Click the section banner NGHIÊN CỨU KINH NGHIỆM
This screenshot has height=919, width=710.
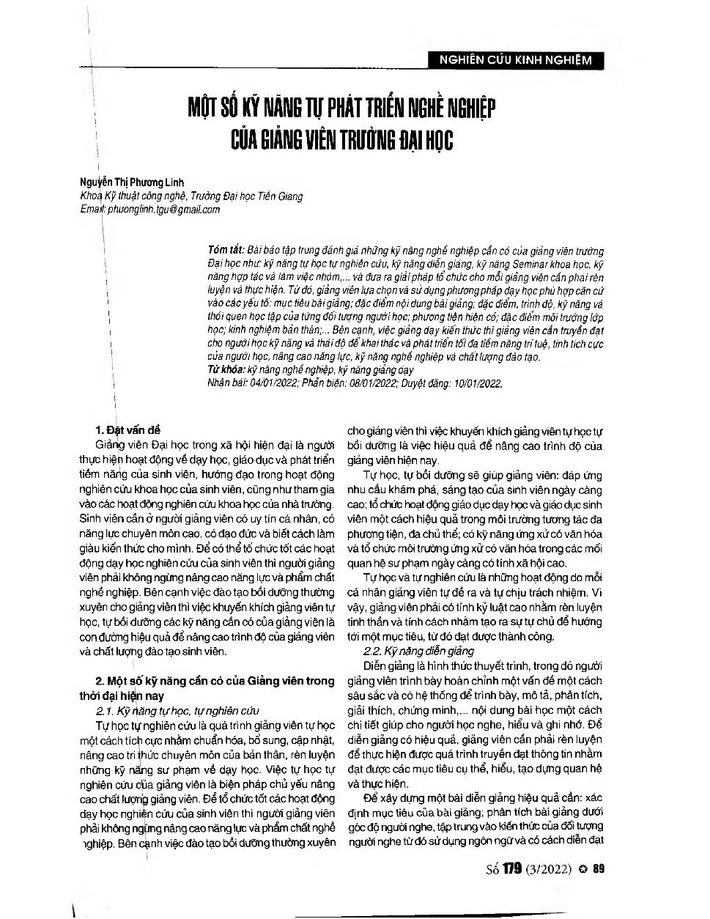coord(514,60)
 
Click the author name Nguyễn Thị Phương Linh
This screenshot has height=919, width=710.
coord(133,182)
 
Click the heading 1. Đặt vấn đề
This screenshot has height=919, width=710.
coord(128,429)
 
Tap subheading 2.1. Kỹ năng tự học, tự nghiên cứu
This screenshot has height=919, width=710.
coord(178,710)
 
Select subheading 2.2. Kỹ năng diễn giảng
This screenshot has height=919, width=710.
coord(419,650)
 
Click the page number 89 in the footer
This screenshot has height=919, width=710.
coord(597,869)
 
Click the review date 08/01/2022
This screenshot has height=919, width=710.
coord(369,383)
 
